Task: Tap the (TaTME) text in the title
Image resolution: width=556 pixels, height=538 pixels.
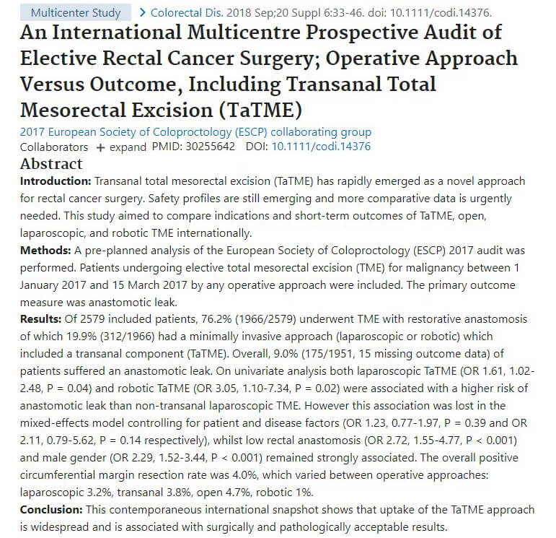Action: pyautogui.click(x=256, y=110)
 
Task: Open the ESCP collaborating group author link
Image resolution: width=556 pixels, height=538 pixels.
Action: pyautogui.click(x=195, y=132)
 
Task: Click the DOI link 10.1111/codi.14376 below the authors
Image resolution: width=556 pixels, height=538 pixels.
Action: pyautogui.click(x=321, y=147)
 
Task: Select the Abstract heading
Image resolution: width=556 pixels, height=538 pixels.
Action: pyautogui.click(x=51, y=164)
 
